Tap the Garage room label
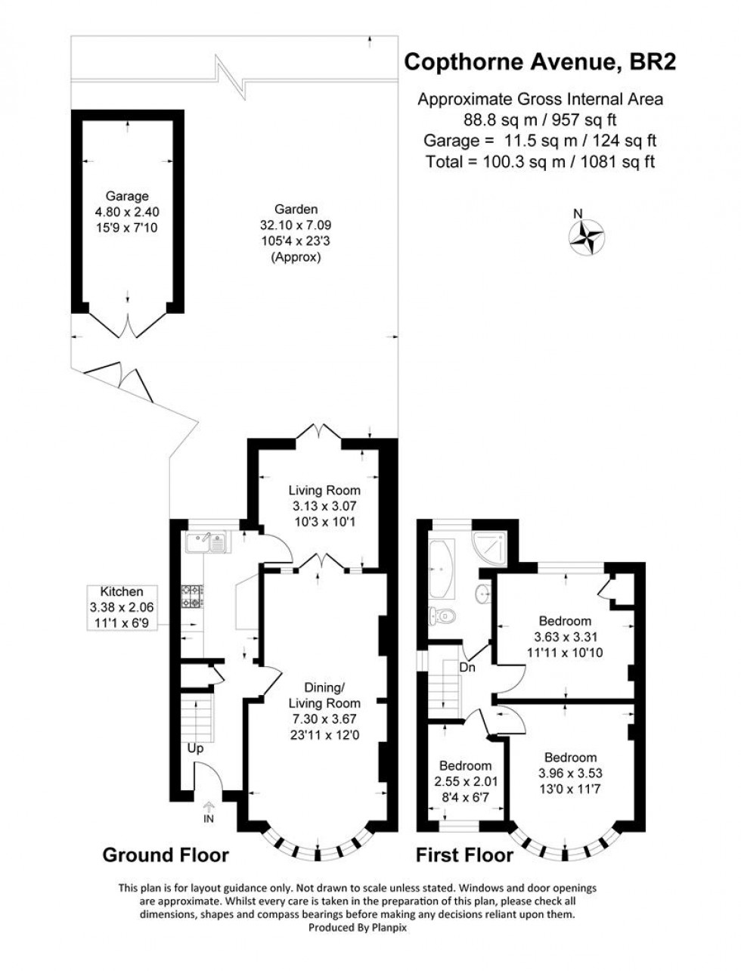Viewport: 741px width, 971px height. point(127,211)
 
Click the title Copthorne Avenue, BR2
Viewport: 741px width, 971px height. point(540,63)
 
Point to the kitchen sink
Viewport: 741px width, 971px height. point(206,542)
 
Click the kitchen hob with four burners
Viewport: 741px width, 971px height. point(191,596)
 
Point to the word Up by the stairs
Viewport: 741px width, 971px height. point(195,748)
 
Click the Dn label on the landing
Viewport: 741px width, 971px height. point(468,667)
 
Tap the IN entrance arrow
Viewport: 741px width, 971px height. point(209,813)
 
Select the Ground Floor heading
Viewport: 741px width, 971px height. point(166,855)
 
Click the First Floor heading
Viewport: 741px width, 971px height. point(464,855)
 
